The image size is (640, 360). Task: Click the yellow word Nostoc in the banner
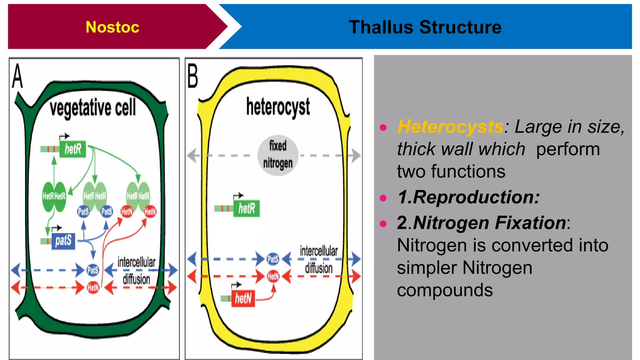(112, 27)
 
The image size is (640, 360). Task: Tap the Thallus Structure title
(425, 27)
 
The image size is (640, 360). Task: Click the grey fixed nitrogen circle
(278, 155)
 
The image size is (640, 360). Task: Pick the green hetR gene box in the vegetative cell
(73, 149)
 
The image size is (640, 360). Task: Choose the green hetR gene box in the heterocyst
(247, 208)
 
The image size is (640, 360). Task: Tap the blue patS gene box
(63, 241)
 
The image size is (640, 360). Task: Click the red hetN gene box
(243, 298)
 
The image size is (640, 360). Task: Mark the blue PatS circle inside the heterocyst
(273, 259)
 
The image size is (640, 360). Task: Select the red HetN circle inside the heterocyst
(273, 277)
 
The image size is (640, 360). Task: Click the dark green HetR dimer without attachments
(54, 197)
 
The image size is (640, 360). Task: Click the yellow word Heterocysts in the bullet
(450, 127)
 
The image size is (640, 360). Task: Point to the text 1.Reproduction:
(468, 197)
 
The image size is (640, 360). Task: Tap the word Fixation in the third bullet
(530, 223)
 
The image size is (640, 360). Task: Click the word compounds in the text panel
(445, 290)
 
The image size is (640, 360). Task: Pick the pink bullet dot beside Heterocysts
(383, 127)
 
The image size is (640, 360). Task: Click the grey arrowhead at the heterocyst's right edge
(355, 155)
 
